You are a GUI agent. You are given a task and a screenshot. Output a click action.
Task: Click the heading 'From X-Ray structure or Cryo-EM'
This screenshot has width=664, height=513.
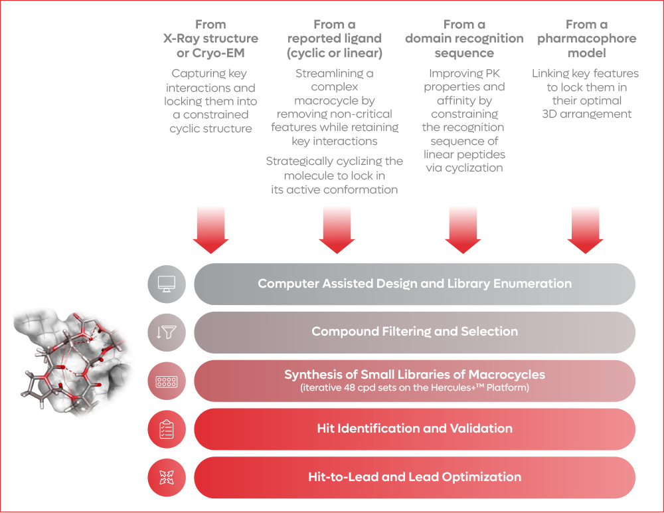[x=210, y=39]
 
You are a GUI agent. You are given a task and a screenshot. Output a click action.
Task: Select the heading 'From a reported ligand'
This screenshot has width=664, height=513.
[x=335, y=39]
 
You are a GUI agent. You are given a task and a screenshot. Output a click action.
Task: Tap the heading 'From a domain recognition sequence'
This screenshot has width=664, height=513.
[x=464, y=39]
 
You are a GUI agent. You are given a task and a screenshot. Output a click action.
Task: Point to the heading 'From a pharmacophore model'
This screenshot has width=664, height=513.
[x=586, y=39]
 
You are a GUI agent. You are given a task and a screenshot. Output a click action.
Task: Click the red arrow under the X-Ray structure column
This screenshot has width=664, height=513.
[x=210, y=229]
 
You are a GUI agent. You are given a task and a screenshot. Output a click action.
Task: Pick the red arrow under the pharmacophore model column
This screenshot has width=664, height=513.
[x=586, y=229]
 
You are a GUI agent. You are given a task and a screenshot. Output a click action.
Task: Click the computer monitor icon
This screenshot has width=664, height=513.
[x=167, y=284]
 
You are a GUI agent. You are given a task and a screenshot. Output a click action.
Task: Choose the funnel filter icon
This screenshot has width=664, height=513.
[x=167, y=332]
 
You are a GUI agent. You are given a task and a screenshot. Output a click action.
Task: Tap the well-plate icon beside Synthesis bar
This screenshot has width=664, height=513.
[x=167, y=381]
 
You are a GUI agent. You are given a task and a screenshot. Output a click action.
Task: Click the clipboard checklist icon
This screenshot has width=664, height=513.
[x=167, y=429]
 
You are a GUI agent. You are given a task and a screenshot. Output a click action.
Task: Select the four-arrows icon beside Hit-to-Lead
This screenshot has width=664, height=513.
[x=167, y=477]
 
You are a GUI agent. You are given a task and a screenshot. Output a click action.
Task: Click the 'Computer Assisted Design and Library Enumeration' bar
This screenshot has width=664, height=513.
[x=414, y=284]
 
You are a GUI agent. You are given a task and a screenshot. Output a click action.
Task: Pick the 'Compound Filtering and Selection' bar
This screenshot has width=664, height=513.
[x=414, y=332]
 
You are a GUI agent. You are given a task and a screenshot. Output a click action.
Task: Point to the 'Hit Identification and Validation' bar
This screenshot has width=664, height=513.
[x=414, y=429]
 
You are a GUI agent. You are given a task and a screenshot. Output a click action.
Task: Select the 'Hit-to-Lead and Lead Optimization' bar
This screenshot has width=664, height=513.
[x=414, y=477]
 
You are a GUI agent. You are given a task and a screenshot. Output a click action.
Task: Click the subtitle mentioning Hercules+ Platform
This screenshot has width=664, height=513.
[x=414, y=388]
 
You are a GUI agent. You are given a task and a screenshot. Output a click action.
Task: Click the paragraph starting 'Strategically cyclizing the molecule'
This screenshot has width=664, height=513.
[x=335, y=175]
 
